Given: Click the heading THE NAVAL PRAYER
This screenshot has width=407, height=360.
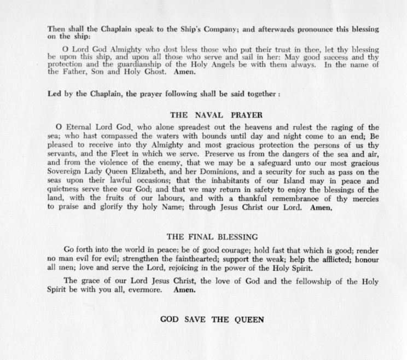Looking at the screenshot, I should (210, 115).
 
